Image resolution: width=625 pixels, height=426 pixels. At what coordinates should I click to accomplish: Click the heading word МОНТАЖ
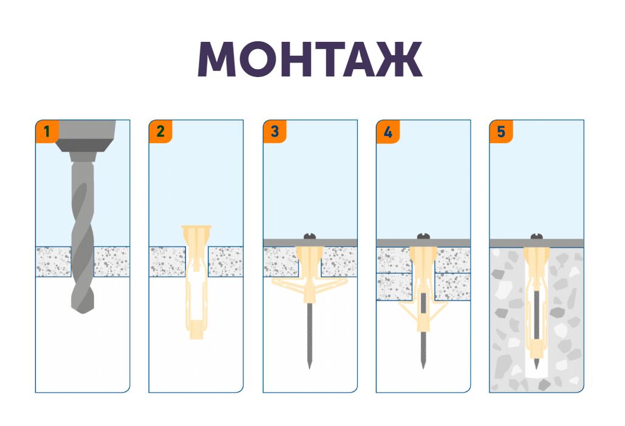coord(310,59)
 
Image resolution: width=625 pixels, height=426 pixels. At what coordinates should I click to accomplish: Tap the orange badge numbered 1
coord(47,132)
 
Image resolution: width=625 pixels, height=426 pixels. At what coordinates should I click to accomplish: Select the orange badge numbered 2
coord(160,132)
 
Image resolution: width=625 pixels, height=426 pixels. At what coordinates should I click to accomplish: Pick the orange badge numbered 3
coord(275,132)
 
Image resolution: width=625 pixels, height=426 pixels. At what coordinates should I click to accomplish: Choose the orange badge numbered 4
coord(388,132)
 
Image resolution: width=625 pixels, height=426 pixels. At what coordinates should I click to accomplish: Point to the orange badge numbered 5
coord(501,132)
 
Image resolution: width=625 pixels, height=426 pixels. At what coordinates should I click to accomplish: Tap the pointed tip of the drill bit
coord(83,313)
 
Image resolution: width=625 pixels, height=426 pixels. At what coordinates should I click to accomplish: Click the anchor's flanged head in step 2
coord(196,229)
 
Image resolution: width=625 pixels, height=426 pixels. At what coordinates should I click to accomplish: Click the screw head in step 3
coord(310,237)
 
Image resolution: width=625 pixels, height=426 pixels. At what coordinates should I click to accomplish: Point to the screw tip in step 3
coord(309,367)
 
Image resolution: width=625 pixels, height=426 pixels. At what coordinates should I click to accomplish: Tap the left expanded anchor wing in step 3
coord(287,285)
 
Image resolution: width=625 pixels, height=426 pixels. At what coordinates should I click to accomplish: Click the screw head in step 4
coord(423,237)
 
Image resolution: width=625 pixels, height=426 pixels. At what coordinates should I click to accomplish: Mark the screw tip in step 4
coord(423,367)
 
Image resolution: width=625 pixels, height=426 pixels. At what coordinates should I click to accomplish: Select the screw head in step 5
coord(536,237)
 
